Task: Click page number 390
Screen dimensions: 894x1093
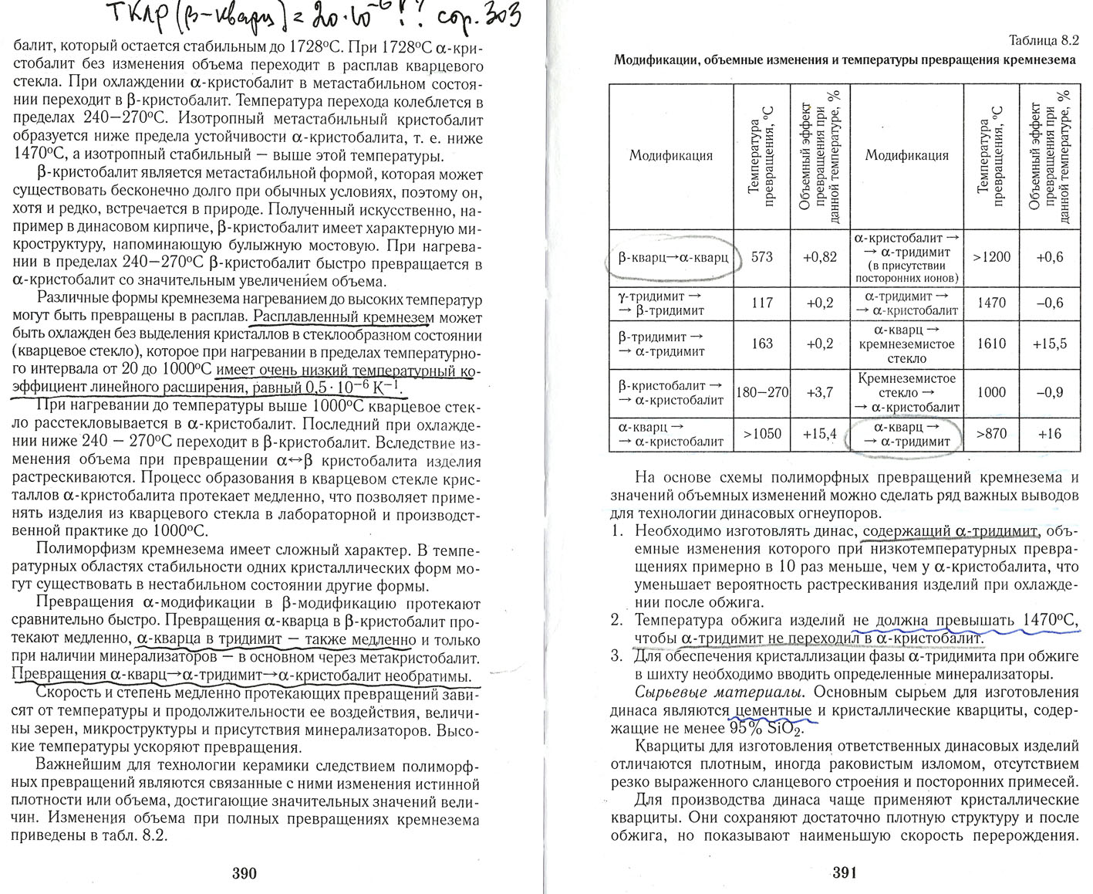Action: pos(244,873)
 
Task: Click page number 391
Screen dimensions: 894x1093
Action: pos(845,873)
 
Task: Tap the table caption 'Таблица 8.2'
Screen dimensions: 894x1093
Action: pos(1044,41)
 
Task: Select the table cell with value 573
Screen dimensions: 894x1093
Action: pos(761,257)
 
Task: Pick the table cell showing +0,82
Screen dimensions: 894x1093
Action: pos(820,257)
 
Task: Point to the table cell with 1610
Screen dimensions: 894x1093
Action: pos(991,344)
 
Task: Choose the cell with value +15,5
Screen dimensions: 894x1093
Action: pos(1049,344)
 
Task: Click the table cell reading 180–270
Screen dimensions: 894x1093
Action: pos(762,392)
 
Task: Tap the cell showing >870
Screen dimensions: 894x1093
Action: pos(991,434)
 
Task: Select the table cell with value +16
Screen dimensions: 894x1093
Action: pos(1049,434)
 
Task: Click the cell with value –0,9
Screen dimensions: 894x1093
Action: pos(1049,392)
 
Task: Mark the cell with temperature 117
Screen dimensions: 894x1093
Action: pos(761,303)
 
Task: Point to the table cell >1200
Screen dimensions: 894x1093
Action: pos(991,257)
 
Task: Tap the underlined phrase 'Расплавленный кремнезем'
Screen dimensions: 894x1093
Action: pos(343,317)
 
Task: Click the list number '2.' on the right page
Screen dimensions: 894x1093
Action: pos(616,620)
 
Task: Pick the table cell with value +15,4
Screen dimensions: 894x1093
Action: pos(820,434)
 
